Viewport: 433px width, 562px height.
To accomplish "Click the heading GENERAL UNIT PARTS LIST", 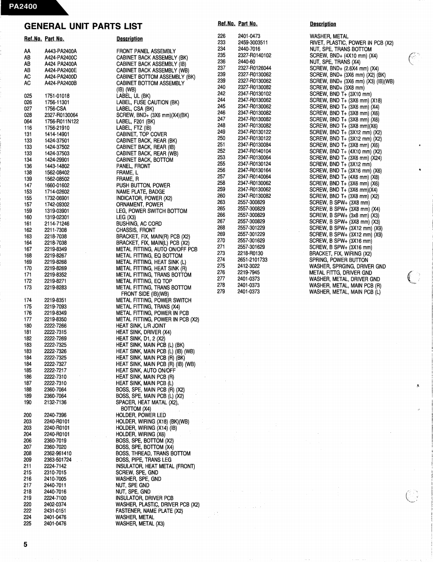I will (x=83, y=26).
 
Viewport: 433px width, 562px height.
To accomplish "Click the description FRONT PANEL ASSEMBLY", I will (x=146, y=51).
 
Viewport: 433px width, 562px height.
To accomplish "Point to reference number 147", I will (x=28, y=185).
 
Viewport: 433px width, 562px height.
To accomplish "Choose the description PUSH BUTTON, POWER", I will (x=143, y=185).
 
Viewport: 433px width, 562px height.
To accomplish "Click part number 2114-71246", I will (x=57, y=224).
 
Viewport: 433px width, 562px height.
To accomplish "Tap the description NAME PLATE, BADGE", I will (x=140, y=192).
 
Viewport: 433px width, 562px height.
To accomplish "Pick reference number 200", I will (x=28, y=415).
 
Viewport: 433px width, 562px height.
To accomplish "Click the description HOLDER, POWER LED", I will (x=141, y=415).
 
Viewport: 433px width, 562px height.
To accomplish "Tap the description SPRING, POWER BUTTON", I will (x=338, y=260).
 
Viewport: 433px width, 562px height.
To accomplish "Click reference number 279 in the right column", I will (x=222, y=292).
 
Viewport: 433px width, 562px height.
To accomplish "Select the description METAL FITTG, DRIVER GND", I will (x=340, y=273).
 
